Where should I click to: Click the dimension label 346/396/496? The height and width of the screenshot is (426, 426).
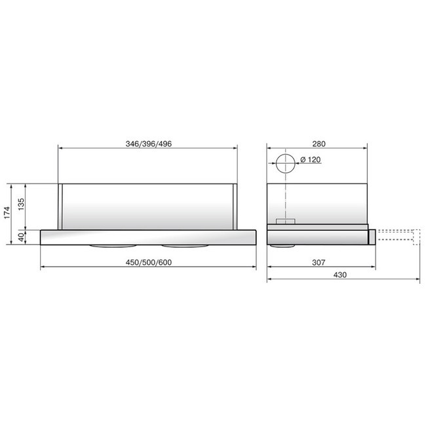[149, 144]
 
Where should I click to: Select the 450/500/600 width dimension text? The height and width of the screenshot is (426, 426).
[149, 262]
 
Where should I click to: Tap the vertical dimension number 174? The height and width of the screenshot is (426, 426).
[7, 212]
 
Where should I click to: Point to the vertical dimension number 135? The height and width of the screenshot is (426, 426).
[21, 204]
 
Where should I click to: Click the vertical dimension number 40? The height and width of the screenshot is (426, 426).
[21, 237]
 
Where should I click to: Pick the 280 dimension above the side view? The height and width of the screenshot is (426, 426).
[319, 144]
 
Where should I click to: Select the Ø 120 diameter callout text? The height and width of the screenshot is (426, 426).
[311, 159]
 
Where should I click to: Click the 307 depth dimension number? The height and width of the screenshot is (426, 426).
[319, 262]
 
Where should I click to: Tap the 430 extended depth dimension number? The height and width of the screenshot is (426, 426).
[340, 275]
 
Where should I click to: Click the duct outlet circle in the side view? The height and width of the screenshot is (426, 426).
[286, 154]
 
